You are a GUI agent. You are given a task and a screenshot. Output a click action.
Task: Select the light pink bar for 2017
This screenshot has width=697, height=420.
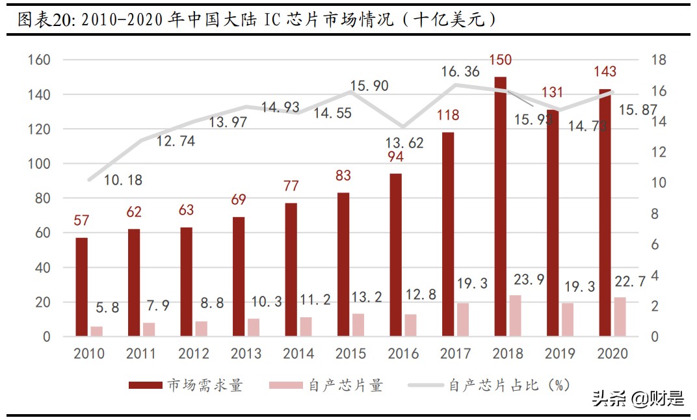(463, 319)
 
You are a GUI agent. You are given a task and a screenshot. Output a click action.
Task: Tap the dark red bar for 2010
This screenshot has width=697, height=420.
(81, 287)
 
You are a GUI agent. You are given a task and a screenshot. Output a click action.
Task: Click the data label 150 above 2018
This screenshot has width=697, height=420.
(500, 60)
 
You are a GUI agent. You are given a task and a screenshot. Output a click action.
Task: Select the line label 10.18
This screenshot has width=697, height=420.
(123, 180)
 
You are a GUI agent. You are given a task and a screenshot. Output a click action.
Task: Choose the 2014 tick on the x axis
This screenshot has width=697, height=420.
(299, 354)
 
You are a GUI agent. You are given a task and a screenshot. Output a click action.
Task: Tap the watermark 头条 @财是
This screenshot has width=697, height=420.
(638, 399)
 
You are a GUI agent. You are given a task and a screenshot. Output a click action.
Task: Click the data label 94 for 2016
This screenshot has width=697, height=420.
(396, 157)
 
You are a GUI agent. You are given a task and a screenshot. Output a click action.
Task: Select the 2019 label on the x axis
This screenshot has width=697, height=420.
(560, 354)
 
